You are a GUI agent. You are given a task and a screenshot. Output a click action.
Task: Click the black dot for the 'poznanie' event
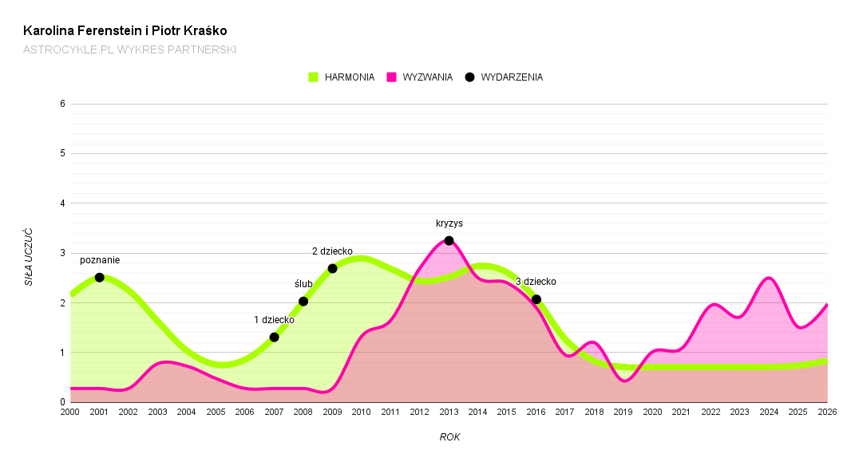99,278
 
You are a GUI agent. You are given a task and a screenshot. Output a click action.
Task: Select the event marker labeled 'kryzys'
449,241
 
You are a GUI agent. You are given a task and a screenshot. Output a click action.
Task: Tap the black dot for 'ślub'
303,302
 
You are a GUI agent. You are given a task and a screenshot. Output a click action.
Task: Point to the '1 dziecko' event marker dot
275,338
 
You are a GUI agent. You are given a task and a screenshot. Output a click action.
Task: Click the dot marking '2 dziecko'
332,268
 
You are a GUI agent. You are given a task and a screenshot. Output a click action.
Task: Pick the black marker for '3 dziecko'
536,299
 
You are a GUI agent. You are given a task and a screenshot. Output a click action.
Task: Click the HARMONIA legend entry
342,77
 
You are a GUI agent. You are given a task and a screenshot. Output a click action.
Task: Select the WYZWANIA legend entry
420,77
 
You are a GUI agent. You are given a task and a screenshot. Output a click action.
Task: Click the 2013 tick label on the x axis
449,413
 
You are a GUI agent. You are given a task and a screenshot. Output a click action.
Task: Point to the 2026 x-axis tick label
827,413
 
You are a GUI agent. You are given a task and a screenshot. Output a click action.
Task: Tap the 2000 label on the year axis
70,413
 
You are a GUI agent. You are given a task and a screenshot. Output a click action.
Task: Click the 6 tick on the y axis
61,104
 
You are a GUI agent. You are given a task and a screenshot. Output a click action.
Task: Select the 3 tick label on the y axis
61,253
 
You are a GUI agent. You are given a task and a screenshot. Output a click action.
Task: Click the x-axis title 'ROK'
449,437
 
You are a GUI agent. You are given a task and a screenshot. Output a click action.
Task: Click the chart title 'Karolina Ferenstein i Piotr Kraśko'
125,31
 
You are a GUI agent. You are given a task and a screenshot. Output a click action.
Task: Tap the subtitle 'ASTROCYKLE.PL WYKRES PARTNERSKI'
129,49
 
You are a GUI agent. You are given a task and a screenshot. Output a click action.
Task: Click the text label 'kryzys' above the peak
449,223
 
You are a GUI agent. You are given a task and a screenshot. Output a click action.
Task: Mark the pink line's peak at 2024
769,278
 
